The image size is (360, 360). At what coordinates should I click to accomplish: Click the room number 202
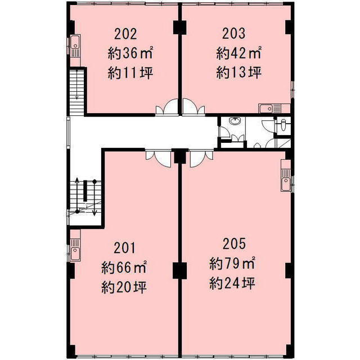coord(125,34)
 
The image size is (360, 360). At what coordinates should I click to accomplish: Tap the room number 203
coord(234,34)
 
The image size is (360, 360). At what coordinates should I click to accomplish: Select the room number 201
coord(125,248)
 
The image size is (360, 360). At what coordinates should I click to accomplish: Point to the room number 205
coord(234,244)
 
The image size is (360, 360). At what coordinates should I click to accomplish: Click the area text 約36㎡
coord(130,53)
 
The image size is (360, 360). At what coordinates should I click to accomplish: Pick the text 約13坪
coord(238,73)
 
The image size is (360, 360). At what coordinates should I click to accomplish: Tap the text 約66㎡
coord(124,268)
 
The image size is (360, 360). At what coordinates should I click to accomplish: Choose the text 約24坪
coord(232,283)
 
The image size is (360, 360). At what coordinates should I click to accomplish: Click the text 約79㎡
coord(232,263)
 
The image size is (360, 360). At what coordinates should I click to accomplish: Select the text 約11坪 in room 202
coord(130,73)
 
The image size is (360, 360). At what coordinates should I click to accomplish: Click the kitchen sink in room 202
coord(75,46)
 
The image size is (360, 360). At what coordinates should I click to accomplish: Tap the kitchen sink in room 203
coord(269,109)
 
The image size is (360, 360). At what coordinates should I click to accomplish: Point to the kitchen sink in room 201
coord(75,250)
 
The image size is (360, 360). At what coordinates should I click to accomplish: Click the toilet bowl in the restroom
coord(283,125)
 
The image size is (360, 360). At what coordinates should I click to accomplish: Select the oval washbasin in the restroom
coord(234,121)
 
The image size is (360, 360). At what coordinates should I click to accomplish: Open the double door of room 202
coord(167,106)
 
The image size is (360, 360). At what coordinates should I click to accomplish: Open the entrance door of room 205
coord(202,158)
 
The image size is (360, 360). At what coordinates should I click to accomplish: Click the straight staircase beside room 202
coord(77,91)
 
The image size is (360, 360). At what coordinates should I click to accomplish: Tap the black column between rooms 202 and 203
coord(179,28)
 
